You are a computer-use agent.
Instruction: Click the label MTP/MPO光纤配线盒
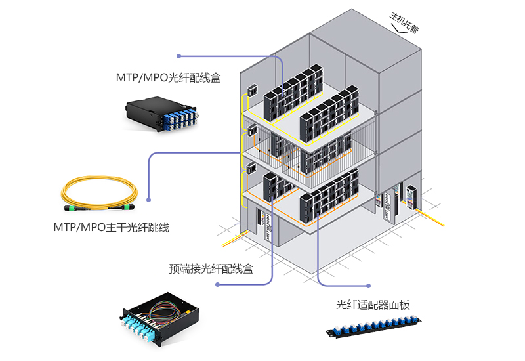pos(168,77)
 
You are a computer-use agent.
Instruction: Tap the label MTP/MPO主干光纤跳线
pos(111,228)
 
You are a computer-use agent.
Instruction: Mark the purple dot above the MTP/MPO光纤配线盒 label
pos(178,56)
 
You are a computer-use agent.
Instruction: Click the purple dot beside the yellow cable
pos(150,199)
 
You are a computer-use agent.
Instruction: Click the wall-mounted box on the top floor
pos(250,90)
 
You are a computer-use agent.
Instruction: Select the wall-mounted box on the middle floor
pos(250,129)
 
